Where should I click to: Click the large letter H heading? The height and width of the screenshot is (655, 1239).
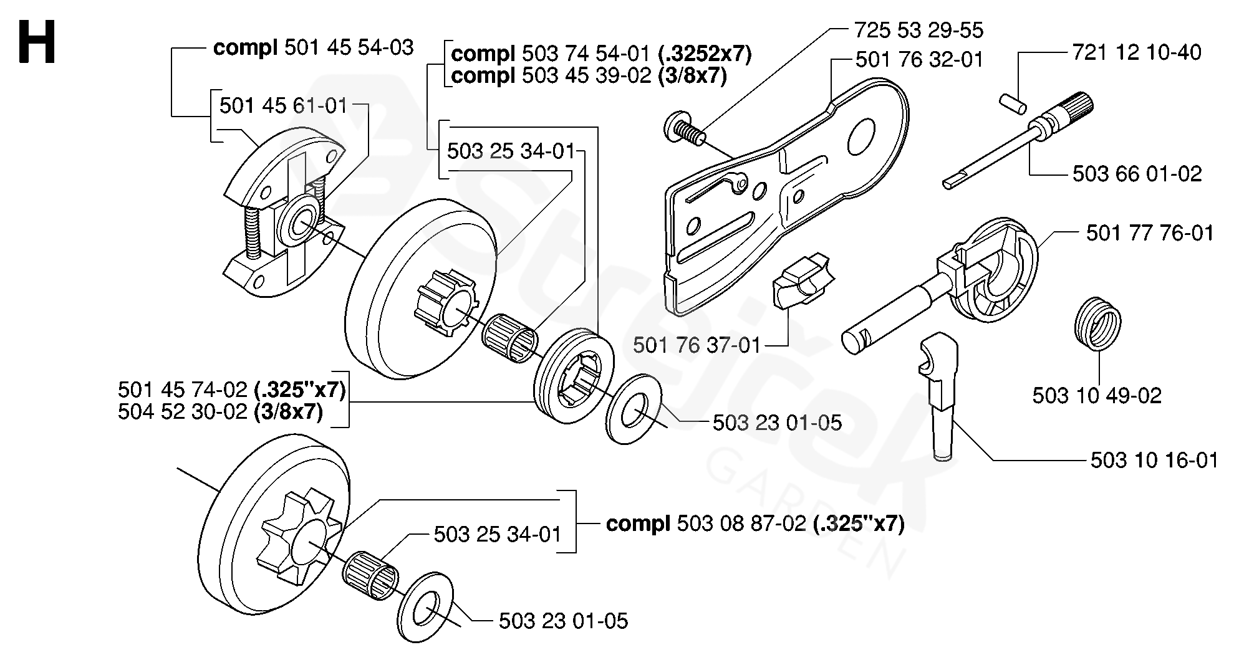click(x=37, y=42)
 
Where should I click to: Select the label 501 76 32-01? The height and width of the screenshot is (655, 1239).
click(x=919, y=60)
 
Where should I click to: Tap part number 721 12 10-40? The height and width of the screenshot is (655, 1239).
click(x=1136, y=52)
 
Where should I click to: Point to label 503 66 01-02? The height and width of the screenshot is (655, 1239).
click(x=1137, y=174)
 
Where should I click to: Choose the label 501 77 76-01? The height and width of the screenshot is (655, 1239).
click(x=1149, y=233)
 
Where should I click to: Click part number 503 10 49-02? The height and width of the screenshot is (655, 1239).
click(x=1096, y=396)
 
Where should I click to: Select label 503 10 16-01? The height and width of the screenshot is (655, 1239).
click(x=1154, y=461)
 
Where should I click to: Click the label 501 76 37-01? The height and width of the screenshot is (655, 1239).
click(x=697, y=345)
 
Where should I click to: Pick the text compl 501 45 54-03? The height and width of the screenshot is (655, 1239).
click(x=313, y=48)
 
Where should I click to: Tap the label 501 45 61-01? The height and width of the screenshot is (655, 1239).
click(x=283, y=106)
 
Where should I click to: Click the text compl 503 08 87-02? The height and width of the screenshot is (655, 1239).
click(x=754, y=523)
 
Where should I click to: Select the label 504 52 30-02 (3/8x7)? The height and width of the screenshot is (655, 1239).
click(x=220, y=412)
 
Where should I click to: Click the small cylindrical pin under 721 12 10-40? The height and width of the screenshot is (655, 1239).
click(x=1013, y=104)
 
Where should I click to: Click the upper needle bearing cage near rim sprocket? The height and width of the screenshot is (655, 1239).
click(x=509, y=337)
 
